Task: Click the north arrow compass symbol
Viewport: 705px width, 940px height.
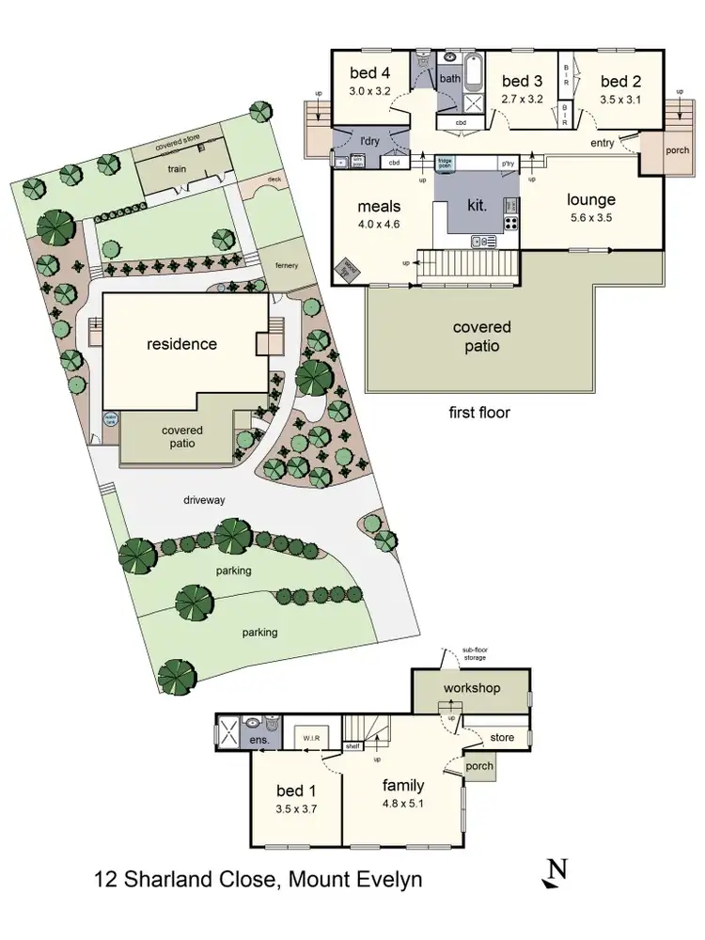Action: pos(556,873)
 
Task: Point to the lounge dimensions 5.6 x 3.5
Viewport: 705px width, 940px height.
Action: pos(590,217)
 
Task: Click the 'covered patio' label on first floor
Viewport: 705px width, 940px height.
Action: pos(481,336)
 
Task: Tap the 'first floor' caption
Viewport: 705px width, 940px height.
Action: pos(481,412)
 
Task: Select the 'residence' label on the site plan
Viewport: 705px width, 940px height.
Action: pos(181,344)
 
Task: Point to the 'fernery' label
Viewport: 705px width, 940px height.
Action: pos(287,266)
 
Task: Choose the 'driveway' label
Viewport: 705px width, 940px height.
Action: pos(204,500)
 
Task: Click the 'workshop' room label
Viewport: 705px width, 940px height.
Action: pos(471,688)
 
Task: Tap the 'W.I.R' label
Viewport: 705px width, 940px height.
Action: pos(312,740)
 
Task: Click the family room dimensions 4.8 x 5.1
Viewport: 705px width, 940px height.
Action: pos(403,804)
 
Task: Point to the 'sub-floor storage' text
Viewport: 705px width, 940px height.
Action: pos(474,653)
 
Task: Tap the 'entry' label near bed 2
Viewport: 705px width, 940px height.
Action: pos(603,143)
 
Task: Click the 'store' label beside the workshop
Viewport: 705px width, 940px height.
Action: pos(502,738)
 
